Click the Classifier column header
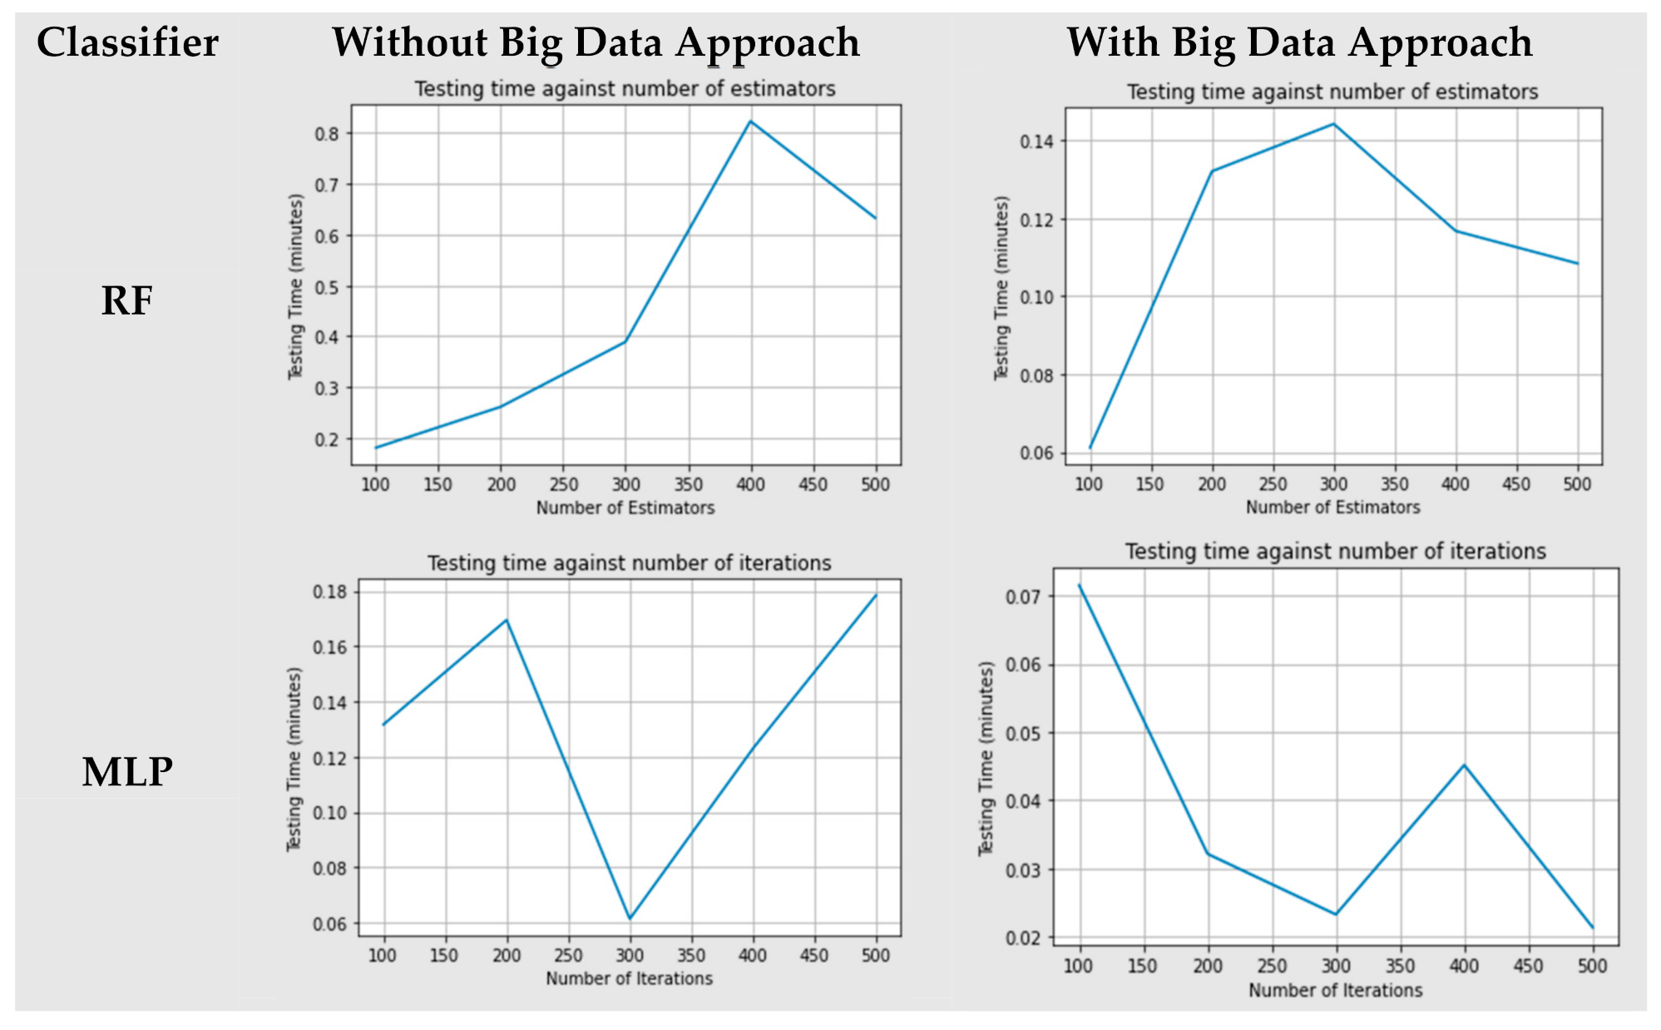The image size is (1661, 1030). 127,42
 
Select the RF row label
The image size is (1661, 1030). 126,300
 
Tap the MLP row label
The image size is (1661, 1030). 127,771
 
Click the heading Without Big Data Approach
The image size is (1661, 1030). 596,42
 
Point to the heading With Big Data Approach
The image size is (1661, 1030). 1299,42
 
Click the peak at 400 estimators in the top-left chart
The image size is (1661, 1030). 750,121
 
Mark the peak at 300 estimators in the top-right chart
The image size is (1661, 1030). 1334,124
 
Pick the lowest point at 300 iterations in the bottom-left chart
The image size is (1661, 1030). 630,919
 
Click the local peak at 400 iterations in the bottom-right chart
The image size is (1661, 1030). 1464,765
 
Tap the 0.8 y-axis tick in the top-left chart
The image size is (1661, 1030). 330,134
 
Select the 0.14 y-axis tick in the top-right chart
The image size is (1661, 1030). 1036,141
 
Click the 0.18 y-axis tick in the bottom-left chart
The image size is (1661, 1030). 330,592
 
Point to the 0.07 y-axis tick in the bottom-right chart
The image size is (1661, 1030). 1023,597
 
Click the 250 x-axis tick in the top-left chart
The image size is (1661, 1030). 563,484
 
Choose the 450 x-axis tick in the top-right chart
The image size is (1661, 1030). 1516,484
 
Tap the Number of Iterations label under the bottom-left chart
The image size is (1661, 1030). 629,978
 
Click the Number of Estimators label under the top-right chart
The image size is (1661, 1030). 1332,507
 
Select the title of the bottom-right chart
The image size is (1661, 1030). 1335,552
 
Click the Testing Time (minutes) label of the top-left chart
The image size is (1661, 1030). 295,287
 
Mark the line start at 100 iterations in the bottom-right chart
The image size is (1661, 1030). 1080,585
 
